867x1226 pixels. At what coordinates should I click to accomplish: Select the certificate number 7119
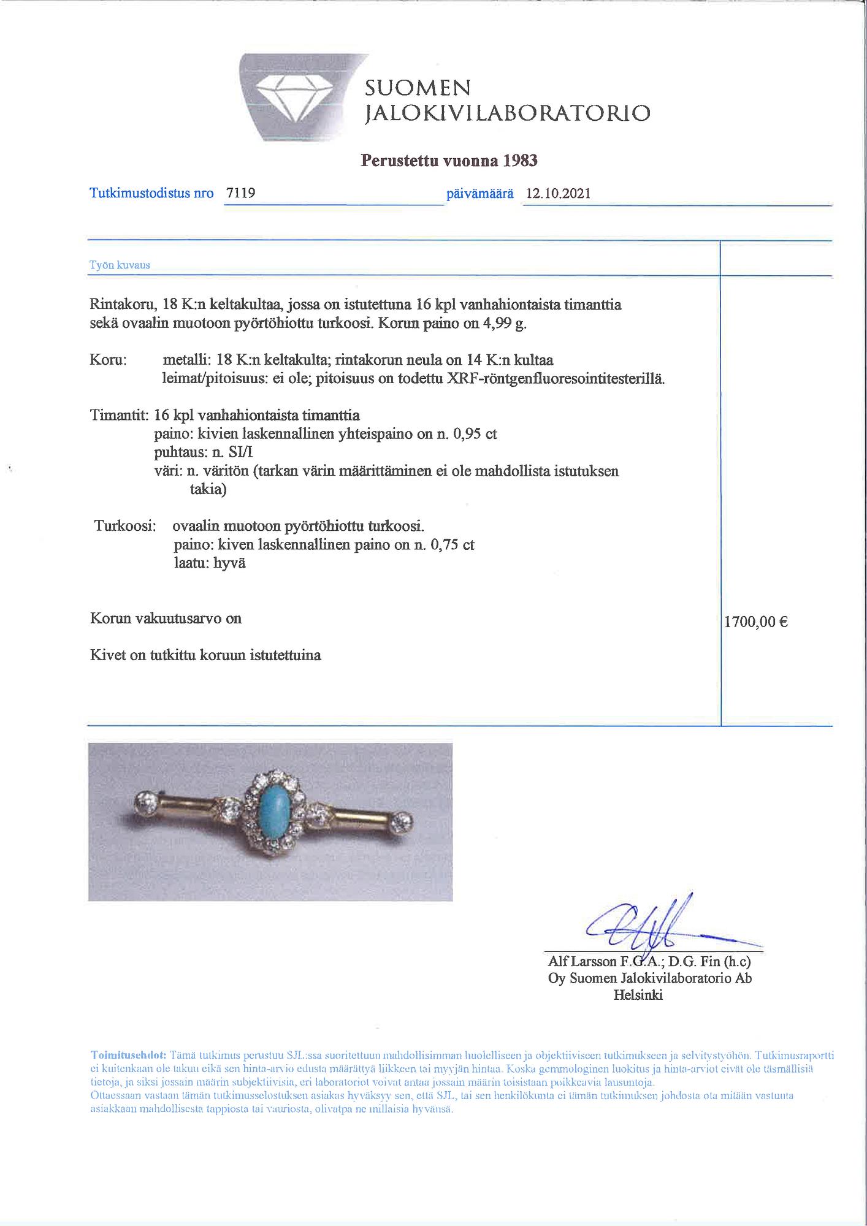(240, 193)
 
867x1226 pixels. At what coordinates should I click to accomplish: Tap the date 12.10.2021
(558, 194)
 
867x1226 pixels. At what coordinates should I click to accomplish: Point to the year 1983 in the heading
(520, 161)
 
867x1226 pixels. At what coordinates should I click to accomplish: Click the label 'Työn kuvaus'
(120, 265)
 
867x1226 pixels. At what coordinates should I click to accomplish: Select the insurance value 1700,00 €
(755, 622)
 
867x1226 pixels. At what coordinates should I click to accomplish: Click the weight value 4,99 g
(505, 324)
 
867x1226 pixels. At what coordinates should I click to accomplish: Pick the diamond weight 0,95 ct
(474, 434)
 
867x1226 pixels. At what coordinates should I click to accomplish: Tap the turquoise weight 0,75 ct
(452, 544)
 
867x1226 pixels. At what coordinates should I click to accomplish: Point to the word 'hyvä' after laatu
(229, 563)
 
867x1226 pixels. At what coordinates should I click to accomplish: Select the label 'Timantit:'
(119, 415)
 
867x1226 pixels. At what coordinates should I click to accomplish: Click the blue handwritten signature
(650, 929)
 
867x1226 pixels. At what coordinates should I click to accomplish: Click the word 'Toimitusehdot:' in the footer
(128, 1056)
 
